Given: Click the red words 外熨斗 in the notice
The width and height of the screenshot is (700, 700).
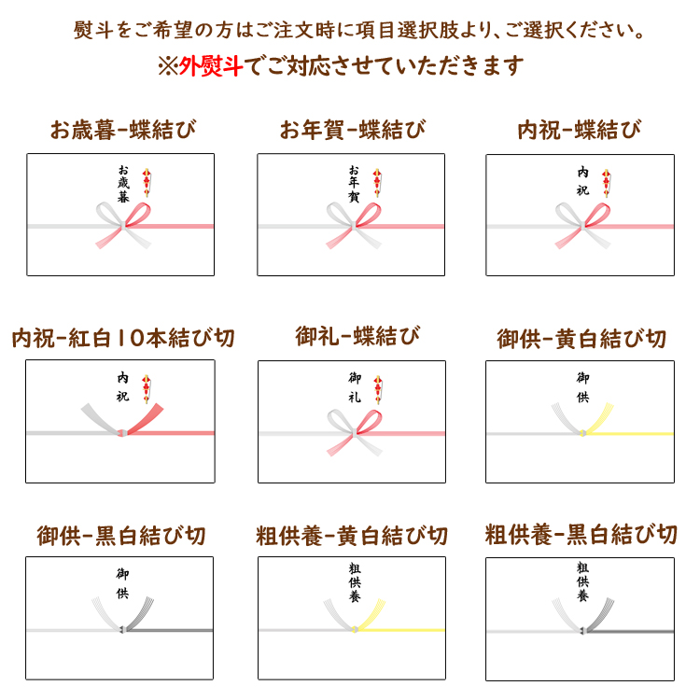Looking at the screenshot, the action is tap(211, 66).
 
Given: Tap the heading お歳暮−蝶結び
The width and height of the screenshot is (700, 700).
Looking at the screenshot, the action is tap(123, 130).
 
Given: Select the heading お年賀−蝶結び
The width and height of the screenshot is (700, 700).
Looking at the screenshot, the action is tap(353, 130).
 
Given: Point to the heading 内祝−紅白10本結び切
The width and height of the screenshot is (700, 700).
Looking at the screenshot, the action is tap(123, 338).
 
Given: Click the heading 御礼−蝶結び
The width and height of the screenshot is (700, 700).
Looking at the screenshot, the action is tap(357, 336).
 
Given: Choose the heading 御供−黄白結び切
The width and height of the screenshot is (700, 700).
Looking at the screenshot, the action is tap(581, 339).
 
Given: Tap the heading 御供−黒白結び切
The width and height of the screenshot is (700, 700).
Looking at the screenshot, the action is tap(121, 536).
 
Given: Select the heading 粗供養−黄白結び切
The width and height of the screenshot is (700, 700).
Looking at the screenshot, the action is tap(352, 536).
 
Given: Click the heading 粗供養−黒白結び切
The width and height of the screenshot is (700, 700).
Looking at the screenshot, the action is tap(581, 535).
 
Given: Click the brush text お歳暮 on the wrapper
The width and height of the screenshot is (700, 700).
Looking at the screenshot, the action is tap(123, 184).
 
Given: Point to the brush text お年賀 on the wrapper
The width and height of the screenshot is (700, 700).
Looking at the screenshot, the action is tap(354, 184).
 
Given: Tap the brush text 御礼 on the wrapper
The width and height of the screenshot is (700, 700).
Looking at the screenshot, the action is tap(355, 387).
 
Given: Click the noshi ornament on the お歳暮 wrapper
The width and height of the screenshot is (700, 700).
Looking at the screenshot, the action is tap(147, 183).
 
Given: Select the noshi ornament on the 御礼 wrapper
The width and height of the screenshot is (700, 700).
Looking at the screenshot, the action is tap(378, 390).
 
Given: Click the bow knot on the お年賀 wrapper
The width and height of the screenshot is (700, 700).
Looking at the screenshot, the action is tap(354, 226).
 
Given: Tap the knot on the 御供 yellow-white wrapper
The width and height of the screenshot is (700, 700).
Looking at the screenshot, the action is tap(582, 433).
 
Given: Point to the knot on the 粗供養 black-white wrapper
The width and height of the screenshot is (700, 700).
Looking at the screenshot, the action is tap(582, 631).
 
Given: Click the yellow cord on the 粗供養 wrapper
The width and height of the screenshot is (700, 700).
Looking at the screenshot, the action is tap(401, 630).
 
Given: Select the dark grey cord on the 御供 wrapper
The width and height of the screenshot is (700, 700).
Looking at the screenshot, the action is tap(170, 630).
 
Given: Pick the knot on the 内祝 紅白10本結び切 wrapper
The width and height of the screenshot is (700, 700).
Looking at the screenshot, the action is tap(121, 432).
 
